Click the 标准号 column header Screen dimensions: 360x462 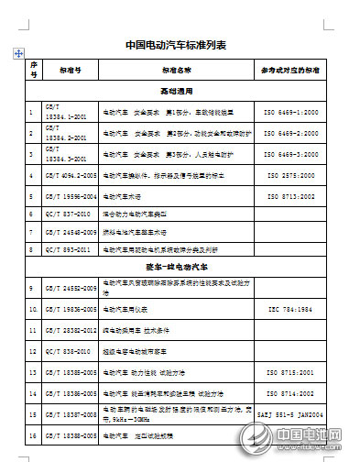(70, 70)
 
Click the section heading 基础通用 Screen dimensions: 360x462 (178, 92)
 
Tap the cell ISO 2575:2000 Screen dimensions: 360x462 (291, 174)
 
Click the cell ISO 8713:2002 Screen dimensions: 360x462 (291, 196)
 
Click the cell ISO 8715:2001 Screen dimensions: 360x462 (291, 373)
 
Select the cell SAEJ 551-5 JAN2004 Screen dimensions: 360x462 (291, 413)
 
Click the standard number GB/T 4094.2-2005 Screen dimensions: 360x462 (71, 174)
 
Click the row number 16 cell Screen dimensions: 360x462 (32, 434)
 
